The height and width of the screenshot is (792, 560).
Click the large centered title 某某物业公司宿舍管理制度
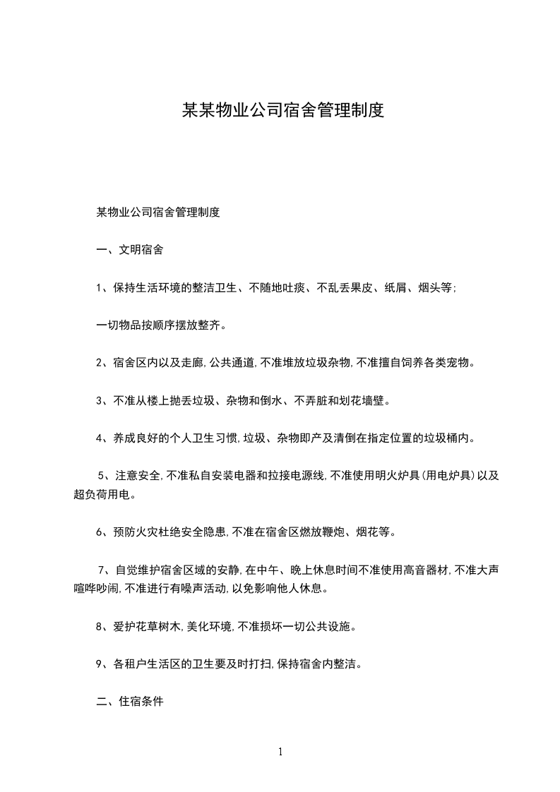click(x=282, y=110)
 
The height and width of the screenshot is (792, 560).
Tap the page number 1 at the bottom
click(x=280, y=752)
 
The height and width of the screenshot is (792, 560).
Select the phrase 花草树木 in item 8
click(x=155, y=625)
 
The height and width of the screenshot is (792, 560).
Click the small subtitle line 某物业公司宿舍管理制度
click(x=158, y=212)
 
